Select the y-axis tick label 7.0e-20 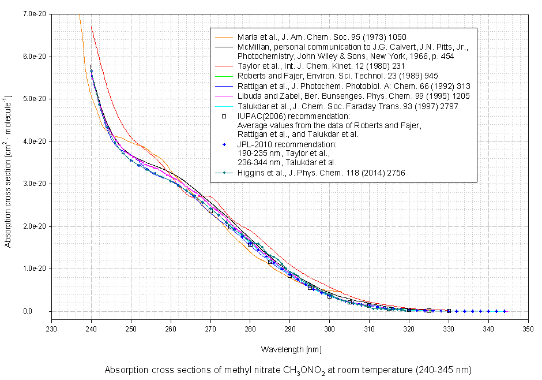(36, 14)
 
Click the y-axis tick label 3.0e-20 (36, 184)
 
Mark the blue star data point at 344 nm (504, 311)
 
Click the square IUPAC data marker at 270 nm (210, 211)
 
